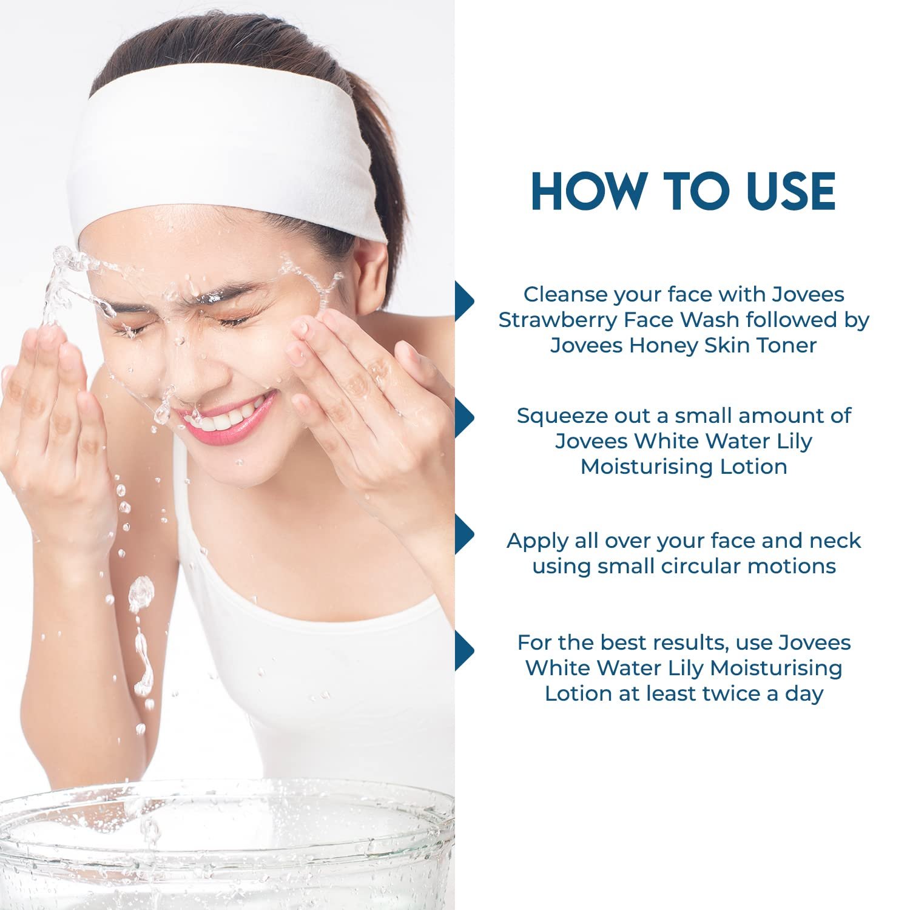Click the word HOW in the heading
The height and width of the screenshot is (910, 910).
click(587, 191)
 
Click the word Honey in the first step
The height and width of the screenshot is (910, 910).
click(664, 345)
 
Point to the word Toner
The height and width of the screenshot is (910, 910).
click(787, 345)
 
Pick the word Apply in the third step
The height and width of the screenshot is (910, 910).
click(531, 541)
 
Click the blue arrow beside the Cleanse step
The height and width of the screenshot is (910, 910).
click(465, 301)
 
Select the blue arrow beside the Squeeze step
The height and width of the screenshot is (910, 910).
click(465, 417)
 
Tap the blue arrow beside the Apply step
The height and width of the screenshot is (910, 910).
click(465, 534)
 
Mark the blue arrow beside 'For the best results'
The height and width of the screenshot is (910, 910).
click(465, 651)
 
